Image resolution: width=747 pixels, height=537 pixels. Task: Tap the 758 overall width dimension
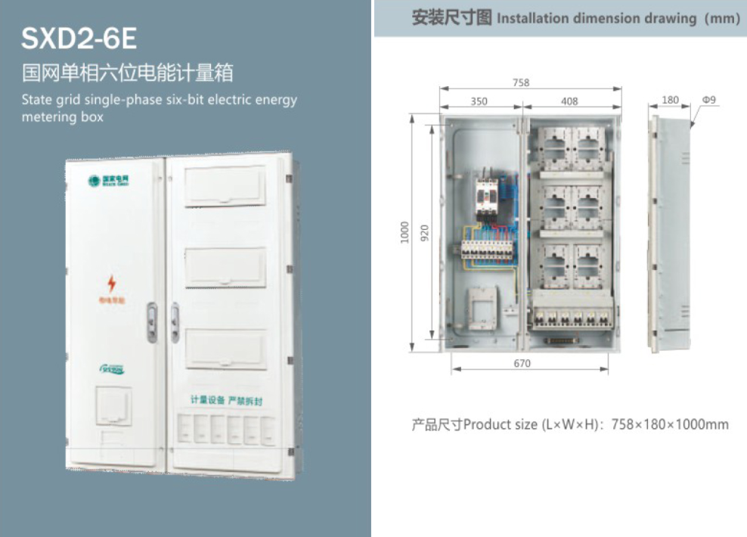pyautogui.click(x=521, y=83)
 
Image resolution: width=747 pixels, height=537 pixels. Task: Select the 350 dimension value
pyautogui.click(x=479, y=101)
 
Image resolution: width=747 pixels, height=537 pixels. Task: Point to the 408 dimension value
pyautogui.click(x=569, y=101)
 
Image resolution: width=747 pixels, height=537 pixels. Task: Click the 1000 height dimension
pyautogui.click(x=405, y=232)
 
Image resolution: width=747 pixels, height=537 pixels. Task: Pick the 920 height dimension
pyautogui.click(x=424, y=232)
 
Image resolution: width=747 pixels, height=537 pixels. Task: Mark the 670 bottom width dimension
pyautogui.click(x=522, y=363)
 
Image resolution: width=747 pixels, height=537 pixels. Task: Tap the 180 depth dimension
pyautogui.click(x=670, y=100)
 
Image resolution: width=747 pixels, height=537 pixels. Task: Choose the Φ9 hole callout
pyautogui.click(x=709, y=100)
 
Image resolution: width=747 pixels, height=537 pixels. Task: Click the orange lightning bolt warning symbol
pyautogui.click(x=112, y=284)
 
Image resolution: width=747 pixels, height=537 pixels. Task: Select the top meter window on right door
pyautogui.click(x=225, y=186)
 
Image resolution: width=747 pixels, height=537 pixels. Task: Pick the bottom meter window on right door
pyautogui.click(x=225, y=349)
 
